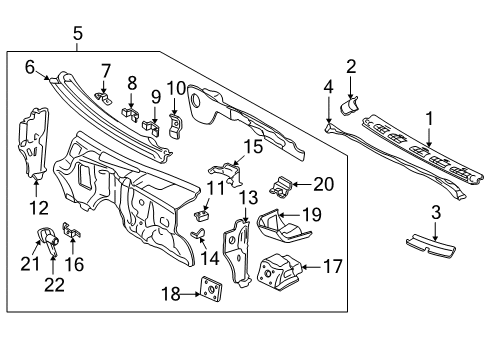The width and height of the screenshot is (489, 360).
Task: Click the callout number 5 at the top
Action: click(78, 36)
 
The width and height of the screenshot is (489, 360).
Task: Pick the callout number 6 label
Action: click(30, 67)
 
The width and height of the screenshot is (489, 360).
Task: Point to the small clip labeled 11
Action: click(202, 212)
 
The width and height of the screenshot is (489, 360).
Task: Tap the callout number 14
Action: click(208, 256)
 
